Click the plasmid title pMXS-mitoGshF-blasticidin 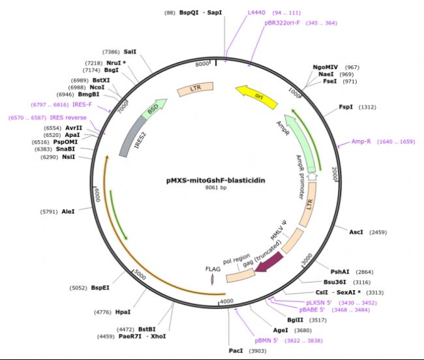click(x=216, y=180)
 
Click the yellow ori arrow click(x=257, y=97)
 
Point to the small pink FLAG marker click(x=213, y=279)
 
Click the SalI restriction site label click(x=130, y=52)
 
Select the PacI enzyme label click(x=235, y=350)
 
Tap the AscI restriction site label click(x=356, y=232)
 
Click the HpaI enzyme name click(x=123, y=312)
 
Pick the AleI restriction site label click(x=68, y=211)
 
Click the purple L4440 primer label click(x=256, y=12)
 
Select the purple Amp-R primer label click(x=361, y=142)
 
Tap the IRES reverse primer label click(x=68, y=117)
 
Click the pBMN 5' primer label click(x=266, y=340)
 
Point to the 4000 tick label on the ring click(x=226, y=301)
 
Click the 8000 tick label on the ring click(x=202, y=64)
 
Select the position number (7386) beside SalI click(x=111, y=52)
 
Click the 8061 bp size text click(x=216, y=187)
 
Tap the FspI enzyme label click(x=346, y=107)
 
